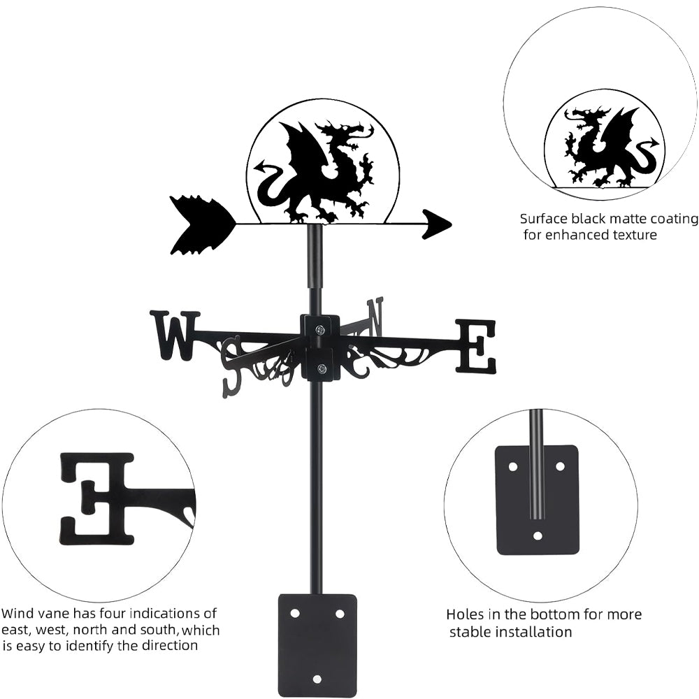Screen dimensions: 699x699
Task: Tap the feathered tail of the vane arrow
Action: pos(199,224)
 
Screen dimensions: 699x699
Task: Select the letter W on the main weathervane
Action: pos(174,335)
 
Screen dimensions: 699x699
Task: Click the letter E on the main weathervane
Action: pos(476,345)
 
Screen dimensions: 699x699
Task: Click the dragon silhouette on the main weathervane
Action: pos(318,171)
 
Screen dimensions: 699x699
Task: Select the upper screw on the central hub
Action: pos(320,330)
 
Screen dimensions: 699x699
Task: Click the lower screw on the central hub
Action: pos(321,368)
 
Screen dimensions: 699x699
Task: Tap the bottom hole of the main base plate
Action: pos(317,679)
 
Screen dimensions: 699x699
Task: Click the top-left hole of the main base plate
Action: pos(295,613)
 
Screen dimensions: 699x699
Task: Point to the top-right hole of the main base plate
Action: pos(340,613)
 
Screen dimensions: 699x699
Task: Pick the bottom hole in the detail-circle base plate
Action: pos(537,536)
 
